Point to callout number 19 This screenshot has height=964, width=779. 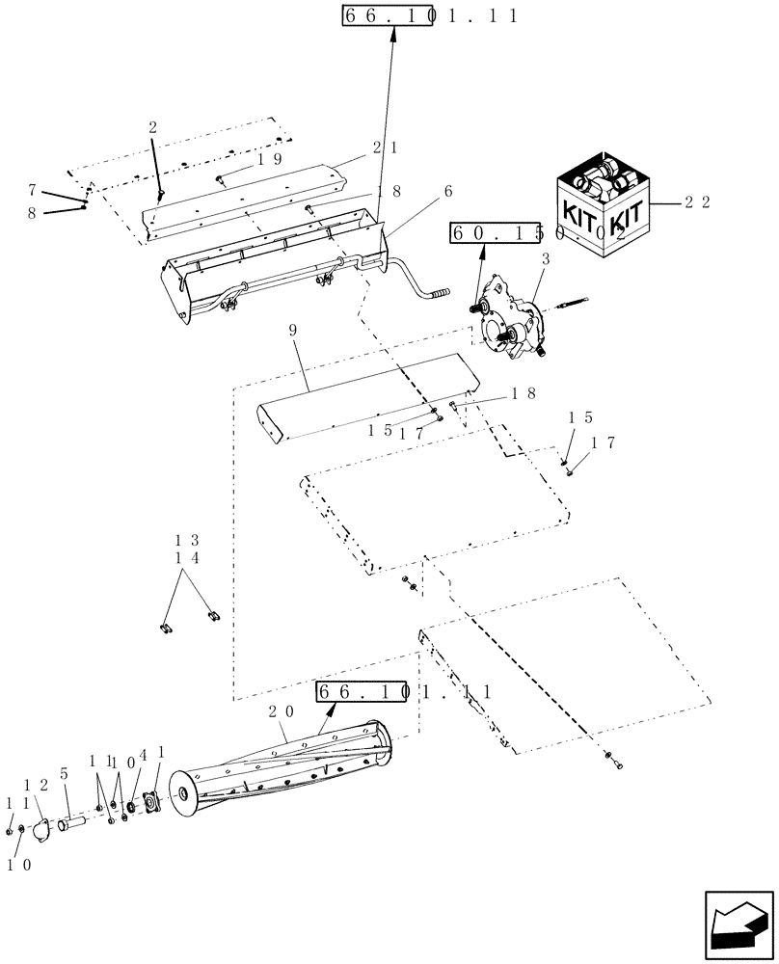pyautogui.click(x=269, y=160)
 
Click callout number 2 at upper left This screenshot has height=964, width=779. pyautogui.click(x=152, y=127)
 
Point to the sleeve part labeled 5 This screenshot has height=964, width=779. pyautogui.click(x=71, y=825)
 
